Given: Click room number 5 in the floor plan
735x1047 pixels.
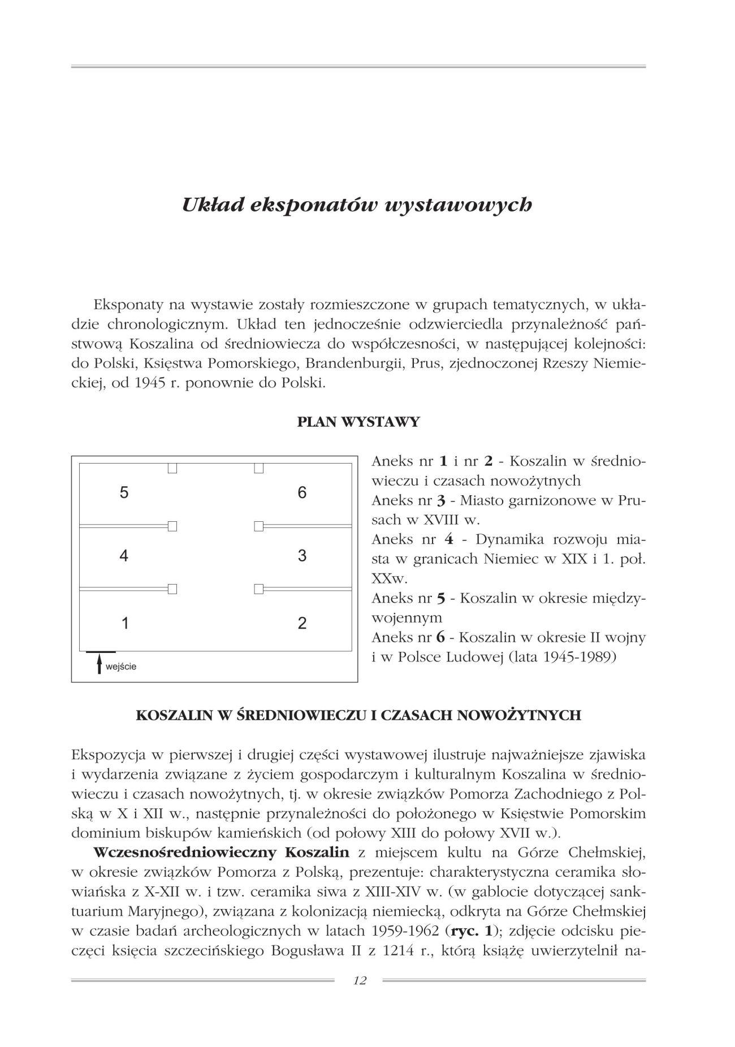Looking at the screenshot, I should [x=124, y=492].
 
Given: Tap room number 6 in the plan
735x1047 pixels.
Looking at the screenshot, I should [x=302, y=492].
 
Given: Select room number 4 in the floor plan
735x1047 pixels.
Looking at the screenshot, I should [x=124, y=556].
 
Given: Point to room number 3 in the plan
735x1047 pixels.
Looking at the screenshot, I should [x=302, y=556].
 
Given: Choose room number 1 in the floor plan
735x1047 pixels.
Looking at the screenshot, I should [x=125, y=624].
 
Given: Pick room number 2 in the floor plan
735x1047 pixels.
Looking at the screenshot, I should [x=302, y=624].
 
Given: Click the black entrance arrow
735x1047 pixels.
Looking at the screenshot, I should [x=100, y=664].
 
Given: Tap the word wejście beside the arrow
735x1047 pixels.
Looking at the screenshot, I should [x=122, y=667].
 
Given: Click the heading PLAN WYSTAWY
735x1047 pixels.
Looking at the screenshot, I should [x=358, y=422].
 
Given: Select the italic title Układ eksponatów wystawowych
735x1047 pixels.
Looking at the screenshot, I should [x=357, y=205].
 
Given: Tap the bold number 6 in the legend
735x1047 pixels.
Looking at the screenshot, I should [x=441, y=638].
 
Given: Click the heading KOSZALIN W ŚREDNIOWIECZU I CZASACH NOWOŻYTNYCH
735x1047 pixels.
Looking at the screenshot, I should [x=358, y=715].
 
